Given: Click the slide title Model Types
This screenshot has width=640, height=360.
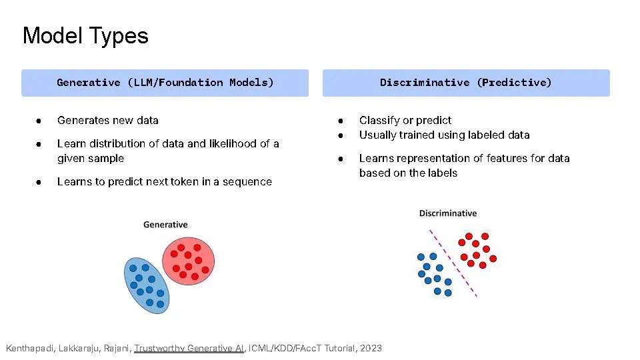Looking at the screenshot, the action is pos(85,36).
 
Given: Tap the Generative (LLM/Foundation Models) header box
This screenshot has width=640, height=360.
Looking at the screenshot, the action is pos(165,83).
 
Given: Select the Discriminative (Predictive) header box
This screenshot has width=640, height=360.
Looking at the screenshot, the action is pos(466,83).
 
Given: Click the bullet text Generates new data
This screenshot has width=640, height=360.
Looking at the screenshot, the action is pos(108,121).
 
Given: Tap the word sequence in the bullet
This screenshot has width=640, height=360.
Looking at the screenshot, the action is pos(247,182).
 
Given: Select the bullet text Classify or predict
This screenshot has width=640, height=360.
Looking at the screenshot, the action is pos(405,121).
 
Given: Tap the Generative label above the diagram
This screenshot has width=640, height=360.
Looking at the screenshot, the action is pos(165,225).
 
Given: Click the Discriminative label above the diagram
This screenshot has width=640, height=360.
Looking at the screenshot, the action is pos(448,213).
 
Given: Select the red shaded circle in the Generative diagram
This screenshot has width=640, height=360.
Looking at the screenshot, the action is pos(188,261).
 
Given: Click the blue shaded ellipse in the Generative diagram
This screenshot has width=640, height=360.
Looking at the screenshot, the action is pos(147,285).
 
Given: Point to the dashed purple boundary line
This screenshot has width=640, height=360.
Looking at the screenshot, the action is pos(453,263).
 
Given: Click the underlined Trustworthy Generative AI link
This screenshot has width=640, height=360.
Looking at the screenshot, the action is pos(189,348).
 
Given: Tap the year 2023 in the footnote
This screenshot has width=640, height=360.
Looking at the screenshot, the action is pos(371,348).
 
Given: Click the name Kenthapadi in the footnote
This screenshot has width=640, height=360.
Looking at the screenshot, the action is pos(29,348).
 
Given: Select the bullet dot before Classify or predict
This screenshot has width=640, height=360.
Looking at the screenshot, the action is pos(341,121).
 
